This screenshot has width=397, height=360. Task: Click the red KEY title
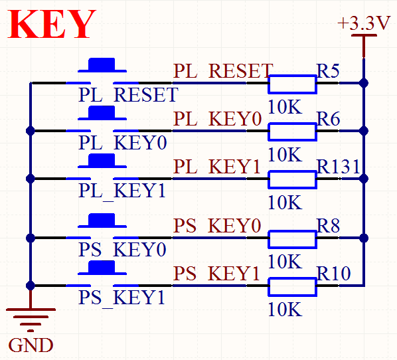pos(52,24)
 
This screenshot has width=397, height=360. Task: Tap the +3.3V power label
pos(364,23)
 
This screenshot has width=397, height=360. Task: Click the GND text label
pos(31,345)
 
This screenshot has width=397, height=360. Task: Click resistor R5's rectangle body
pos(292,84)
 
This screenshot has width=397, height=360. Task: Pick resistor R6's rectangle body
pos(292,132)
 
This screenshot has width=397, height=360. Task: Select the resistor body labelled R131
pos(292,179)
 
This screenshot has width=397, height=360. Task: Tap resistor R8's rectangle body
pos(292,239)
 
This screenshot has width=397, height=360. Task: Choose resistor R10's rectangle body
pos(292,287)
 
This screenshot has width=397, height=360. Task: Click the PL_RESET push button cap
pos(102,65)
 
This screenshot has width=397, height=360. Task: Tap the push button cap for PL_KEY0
pos(102,113)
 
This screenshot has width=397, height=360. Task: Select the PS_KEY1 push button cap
pos(102,268)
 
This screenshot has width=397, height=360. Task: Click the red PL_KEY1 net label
pos(216,167)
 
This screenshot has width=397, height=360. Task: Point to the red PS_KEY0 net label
pos(217,225)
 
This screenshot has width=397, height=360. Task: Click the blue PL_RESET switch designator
pos(128,95)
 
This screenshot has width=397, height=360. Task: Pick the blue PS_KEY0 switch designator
pos(122,250)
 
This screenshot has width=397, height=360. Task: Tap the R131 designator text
pos(339,167)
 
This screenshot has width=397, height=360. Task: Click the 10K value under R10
pos(285,309)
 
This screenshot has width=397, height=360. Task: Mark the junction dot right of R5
pos(364,83)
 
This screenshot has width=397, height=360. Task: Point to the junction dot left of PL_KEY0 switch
pos(31,131)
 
